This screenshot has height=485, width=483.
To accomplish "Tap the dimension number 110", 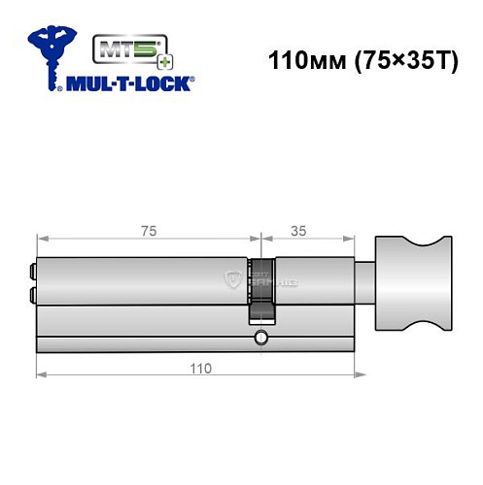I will (x=198, y=369).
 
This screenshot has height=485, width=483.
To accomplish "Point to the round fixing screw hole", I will (x=259, y=338).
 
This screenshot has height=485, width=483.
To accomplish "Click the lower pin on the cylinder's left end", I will (x=34, y=295).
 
